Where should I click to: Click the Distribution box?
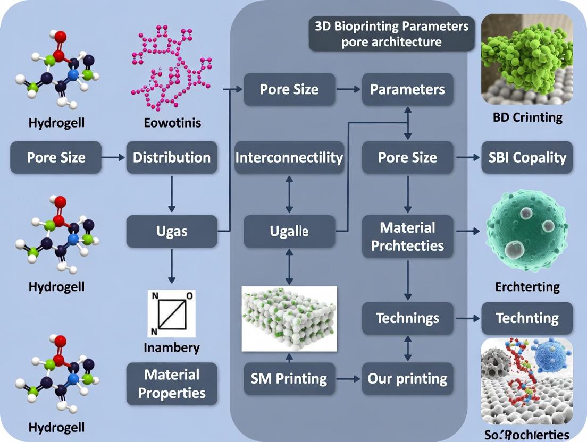click(172, 157)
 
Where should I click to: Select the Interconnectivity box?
click(289, 157)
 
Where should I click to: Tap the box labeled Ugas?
click(172, 232)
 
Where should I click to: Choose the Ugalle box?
click(289, 232)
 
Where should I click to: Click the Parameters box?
click(407, 89)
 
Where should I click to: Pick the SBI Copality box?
click(527, 157)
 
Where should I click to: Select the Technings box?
click(407, 318)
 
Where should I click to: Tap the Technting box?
click(527, 318)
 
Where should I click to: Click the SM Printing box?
click(289, 379)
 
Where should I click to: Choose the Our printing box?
click(407, 379)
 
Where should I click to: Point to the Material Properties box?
click(172, 384)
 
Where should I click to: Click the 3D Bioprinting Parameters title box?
click(391, 34)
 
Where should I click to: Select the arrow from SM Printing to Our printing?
click(348, 379)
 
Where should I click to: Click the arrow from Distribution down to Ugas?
click(172, 194)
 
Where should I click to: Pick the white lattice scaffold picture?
click(289, 319)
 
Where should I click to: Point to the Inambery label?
click(172, 348)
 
